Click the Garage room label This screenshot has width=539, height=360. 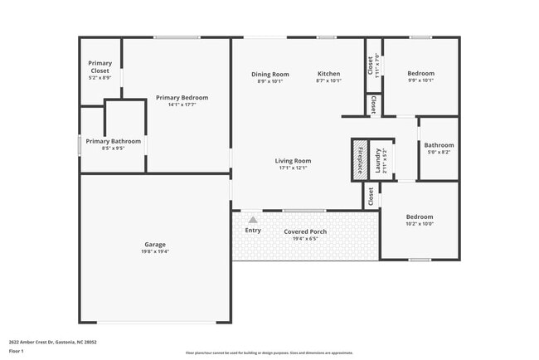click(x=155, y=245)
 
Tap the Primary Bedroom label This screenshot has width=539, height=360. click(x=182, y=98)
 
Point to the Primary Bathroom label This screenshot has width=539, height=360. click(x=113, y=141)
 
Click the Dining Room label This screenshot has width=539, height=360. click(x=269, y=75)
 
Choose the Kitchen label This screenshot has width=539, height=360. click(x=328, y=75)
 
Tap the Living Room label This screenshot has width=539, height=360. click(x=294, y=161)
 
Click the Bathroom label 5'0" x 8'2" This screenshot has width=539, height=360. click(x=439, y=145)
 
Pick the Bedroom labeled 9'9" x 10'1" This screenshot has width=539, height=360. click(x=420, y=74)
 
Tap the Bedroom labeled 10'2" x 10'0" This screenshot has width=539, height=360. click(x=420, y=217)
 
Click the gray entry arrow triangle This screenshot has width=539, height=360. click(x=253, y=220)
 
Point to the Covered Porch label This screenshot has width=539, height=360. click(x=305, y=231)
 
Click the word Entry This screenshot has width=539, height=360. click(x=253, y=231)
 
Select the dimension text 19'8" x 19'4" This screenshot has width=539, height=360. click(x=155, y=251)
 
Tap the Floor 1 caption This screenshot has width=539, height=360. click(x=17, y=351)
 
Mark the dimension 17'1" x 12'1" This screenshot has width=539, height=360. click(x=294, y=168)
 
